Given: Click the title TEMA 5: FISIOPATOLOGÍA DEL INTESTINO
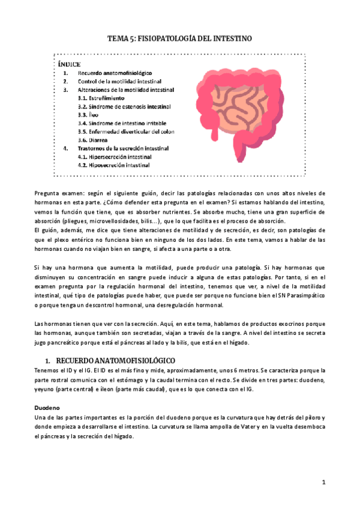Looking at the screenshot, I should point(179,38).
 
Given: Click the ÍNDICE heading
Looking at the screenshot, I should point(70,64).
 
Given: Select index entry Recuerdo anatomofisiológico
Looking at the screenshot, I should point(115,72).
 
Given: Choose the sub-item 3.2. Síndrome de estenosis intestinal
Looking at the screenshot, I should point(124,106).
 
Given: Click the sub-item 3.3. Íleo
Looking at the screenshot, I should point(89,114).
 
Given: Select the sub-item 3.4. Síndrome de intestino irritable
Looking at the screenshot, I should point(122,122).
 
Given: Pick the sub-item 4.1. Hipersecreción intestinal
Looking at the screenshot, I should point(115,156).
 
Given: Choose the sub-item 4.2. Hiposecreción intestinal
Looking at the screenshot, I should point(114,164).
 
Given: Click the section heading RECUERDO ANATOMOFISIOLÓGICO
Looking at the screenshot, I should point(114,360).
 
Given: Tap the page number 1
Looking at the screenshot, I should point(323,482).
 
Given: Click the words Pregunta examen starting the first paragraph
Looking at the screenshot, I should point(56,193).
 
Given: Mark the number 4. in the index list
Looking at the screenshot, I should point(65,148).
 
